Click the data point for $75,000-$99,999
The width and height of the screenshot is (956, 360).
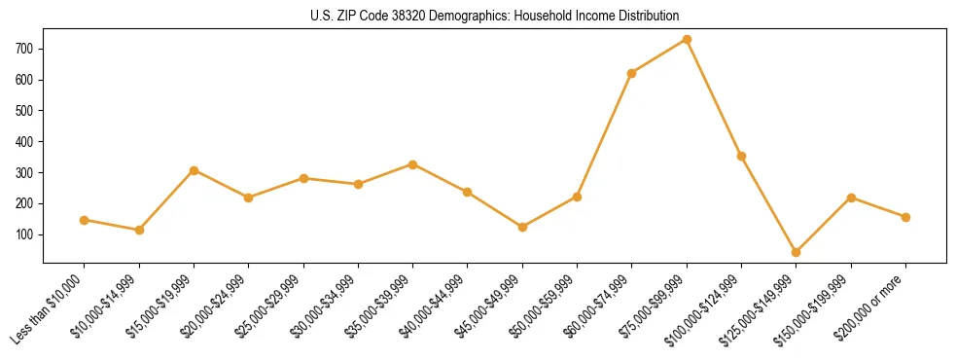pyautogui.click(x=687, y=39)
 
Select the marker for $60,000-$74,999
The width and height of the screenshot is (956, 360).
pyautogui.click(x=632, y=73)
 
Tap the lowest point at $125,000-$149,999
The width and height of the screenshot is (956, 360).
pyautogui.click(x=797, y=252)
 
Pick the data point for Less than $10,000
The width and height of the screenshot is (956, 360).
pyautogui.click(x=85, y=220)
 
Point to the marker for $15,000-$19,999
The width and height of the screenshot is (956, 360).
pyautogui.click(x=195, y=170)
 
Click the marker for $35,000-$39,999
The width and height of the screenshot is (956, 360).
pyautogui.click(x=413, y=164)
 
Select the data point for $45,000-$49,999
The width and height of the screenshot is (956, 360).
pyautogui.click(x=523, y=227)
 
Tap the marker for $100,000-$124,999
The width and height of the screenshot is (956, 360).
pyautogui.click(x=742, y=156)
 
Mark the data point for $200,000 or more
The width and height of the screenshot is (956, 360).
pyautogui.click(x=905, y=217)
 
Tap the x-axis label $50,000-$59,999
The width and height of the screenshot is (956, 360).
pyautogui.click(x=547, y=306)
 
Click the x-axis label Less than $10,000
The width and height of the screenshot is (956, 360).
pyautogui.click(x=51, y=308)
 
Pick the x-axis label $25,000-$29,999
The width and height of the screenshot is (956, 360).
pyautogui.click(x=272, y=306)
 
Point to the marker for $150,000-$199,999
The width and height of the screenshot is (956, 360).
pyautogui.click(x=851, y=198)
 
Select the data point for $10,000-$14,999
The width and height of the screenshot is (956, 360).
pyautogui.click(x=139, y=230)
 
